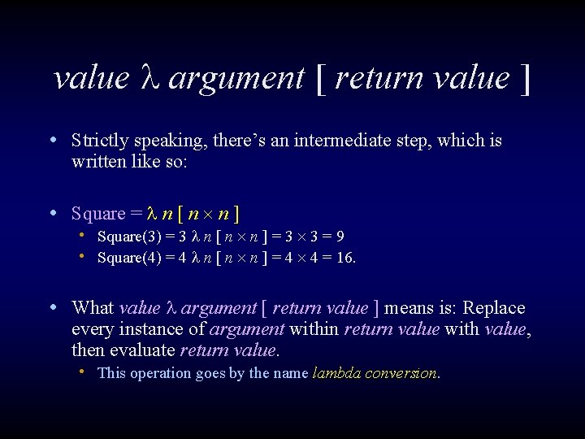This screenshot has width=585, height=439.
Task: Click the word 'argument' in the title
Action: coord(236,79)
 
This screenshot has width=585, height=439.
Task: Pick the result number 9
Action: coord(340,237)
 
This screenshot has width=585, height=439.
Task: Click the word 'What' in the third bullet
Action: coord(93,308)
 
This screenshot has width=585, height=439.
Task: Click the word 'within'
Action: coord(315,329)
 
